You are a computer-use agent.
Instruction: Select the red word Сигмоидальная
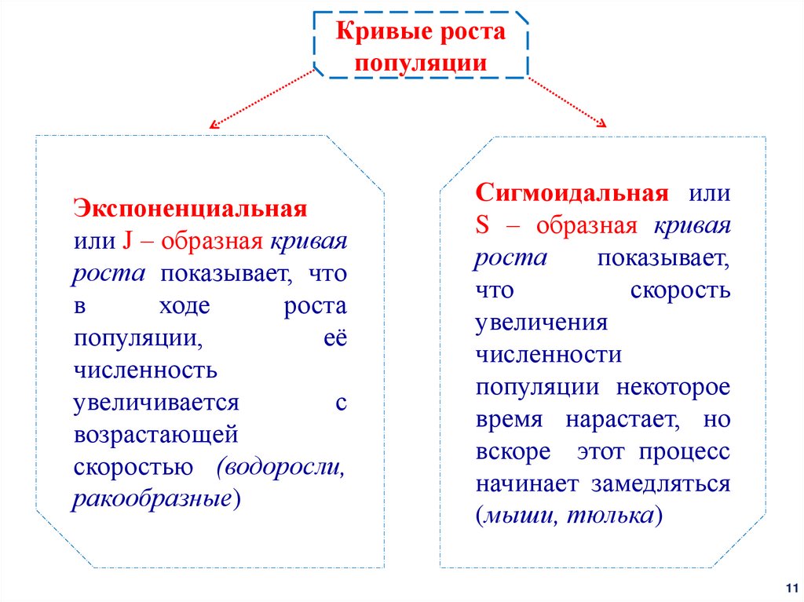pos(572,192)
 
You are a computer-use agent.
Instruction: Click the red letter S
pos(482,226)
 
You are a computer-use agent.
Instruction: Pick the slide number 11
pos(790,588)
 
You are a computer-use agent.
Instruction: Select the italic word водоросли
pos(283,467)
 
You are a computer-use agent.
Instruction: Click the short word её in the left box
pos(335,338)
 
